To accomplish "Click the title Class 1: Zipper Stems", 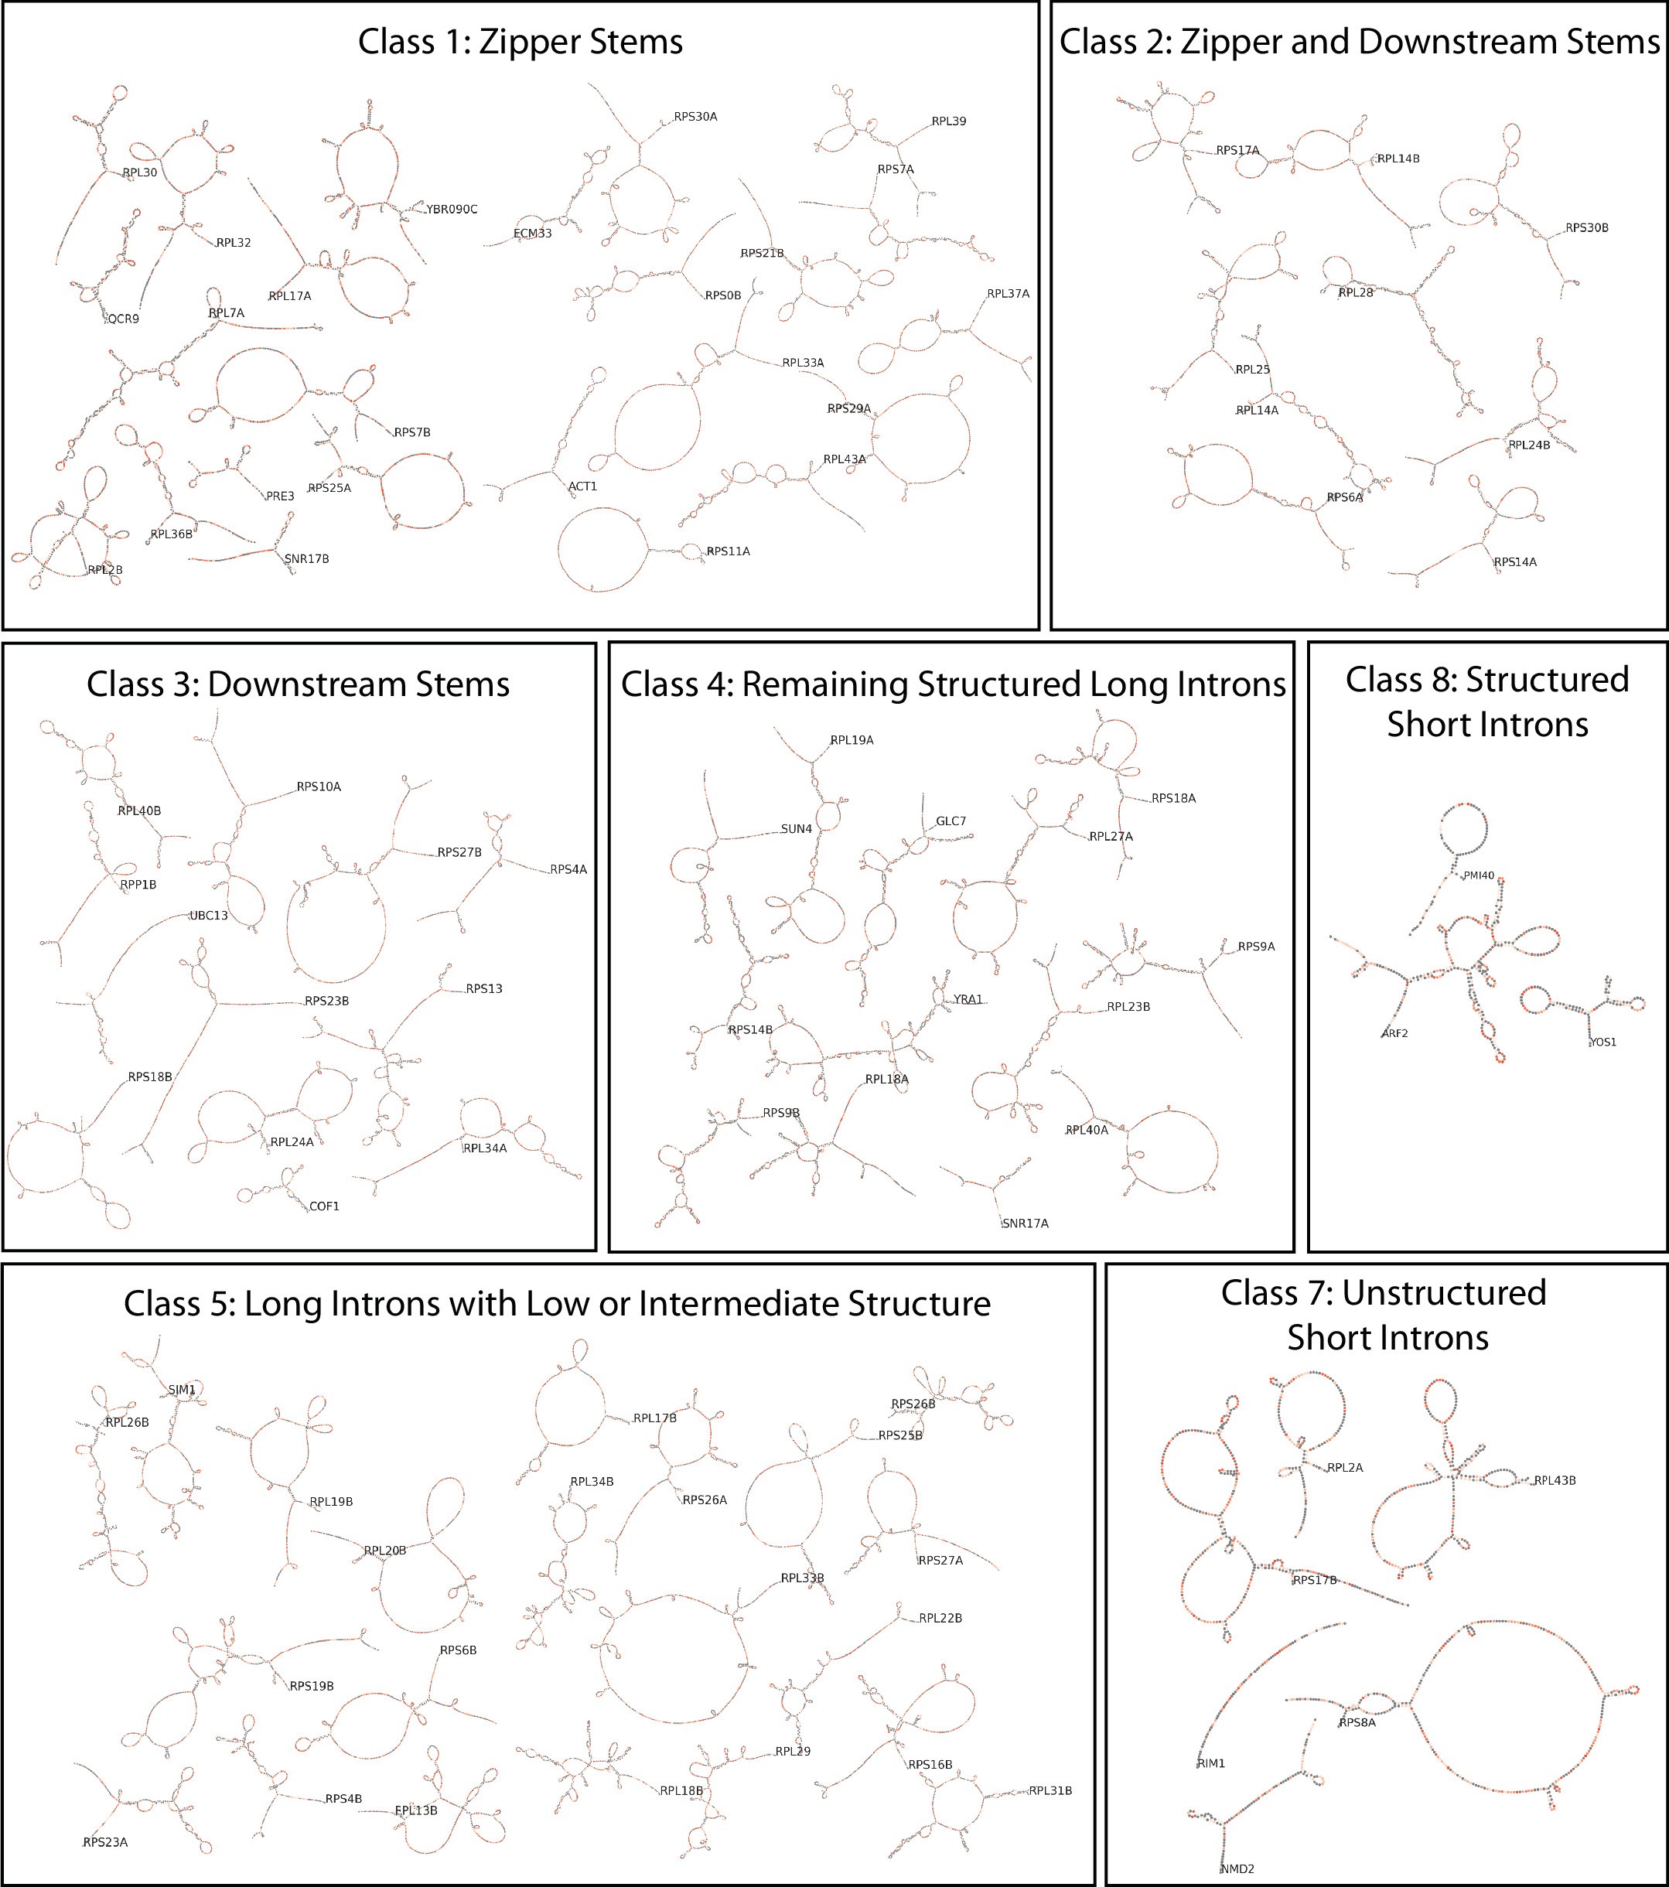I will [x=520, y=43].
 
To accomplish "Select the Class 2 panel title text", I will [x=1359, y=43].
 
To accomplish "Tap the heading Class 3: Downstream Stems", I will [x=299, y=685].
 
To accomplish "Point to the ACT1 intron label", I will [x=582, y=486].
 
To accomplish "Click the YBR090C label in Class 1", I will [x=452, y=210].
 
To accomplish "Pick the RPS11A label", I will [x=728, y=552].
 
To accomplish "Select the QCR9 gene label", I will [x=124, y=319].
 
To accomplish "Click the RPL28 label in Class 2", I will [x=1355, y=292].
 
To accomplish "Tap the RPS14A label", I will [x=1515, y=562].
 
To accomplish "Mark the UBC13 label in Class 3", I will [x=209, y=916].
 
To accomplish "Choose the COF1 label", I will [x=324, y=1206].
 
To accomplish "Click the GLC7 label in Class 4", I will [x=951, y=821].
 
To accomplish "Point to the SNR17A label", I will [x=1025, y=1223].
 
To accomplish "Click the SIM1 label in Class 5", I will [x=182, y=1390].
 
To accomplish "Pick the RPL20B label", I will [x=385, y=1550].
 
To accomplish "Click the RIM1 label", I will [x=1210, y=1763].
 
